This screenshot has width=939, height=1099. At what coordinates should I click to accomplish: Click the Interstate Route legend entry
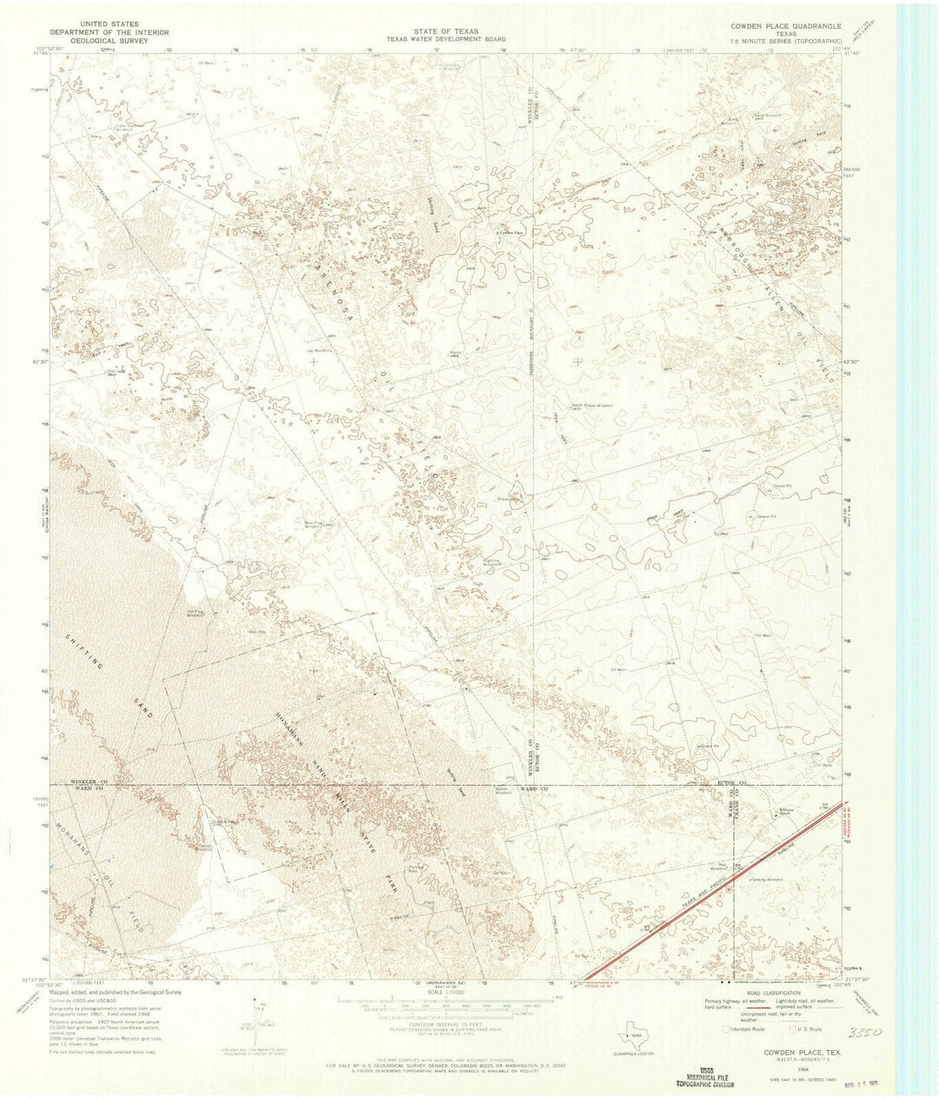[747, 1029]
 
